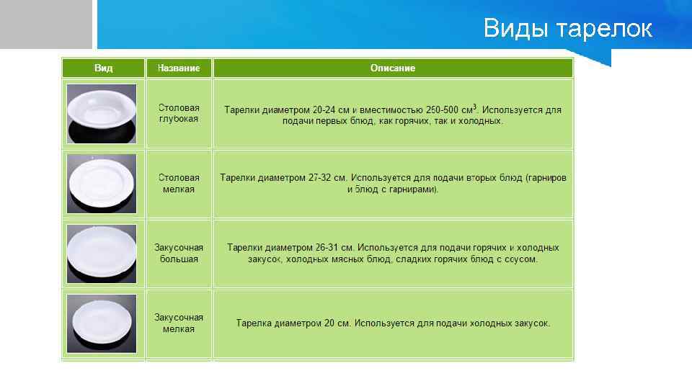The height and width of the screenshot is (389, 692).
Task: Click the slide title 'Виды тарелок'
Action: [567, 29]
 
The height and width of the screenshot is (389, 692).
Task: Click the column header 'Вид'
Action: [103, 68]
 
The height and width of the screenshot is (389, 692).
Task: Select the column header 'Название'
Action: [179, 68]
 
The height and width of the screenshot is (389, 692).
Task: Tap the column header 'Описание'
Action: [393, 68]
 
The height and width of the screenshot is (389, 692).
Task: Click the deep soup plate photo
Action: [102, 112]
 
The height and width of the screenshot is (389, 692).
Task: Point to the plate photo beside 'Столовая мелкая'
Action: [102, 182]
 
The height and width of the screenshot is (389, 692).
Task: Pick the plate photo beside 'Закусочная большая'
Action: [102, 253]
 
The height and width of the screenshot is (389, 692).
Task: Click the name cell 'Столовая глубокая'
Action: [179, 113]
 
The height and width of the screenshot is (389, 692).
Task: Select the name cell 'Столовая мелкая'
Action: [179, 183]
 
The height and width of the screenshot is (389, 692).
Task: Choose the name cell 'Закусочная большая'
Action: [179, 253]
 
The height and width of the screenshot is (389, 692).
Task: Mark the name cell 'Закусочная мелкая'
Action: [179, 323]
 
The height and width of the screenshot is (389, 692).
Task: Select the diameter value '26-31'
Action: [324, 247]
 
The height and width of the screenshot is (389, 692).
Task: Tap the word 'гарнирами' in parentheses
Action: [414, 189]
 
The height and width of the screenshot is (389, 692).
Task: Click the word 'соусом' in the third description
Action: [520, 259]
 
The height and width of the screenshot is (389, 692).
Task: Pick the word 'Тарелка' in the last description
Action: [253, 323]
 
